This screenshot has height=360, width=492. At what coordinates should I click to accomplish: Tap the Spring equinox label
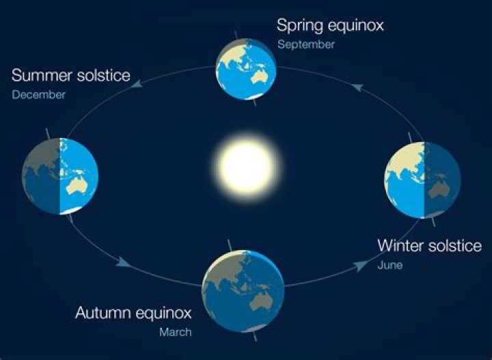click(x=330, y=26)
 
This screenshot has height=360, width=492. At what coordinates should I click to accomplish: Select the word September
click(x=306, y=44)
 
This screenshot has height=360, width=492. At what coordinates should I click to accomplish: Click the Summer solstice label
click(x=70, y=75)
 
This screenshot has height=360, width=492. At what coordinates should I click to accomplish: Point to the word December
click(x=38, y=95)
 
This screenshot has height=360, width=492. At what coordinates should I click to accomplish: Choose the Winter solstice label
click(x=430, y=245)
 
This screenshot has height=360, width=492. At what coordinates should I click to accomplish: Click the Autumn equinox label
click(x=133, y=314)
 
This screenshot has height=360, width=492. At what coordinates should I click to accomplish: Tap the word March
click(x=176, y=333)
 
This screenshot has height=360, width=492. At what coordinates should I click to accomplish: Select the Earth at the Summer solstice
click(x=59, y=176)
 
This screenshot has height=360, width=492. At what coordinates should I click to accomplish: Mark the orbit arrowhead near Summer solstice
click(x=137, y=83)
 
